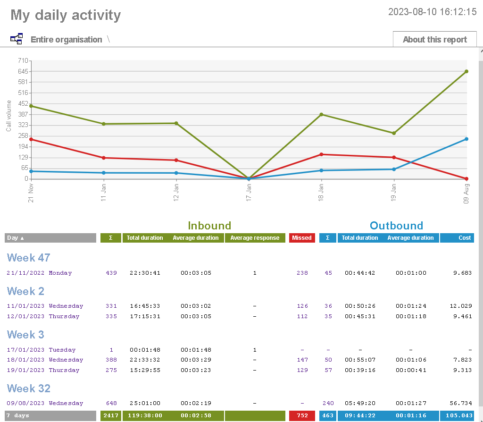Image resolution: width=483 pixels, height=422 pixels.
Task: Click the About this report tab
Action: point(434,40)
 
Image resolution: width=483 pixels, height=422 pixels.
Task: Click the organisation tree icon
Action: point(17,39)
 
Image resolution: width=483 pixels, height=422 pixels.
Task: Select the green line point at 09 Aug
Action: point(466,72)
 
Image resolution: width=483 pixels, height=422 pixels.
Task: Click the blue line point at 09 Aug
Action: point(466,139)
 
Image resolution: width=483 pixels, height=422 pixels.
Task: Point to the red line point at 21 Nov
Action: point(31,139)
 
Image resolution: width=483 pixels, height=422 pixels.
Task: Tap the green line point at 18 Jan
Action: point(321,114)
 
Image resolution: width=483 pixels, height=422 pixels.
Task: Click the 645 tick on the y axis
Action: point(22,71)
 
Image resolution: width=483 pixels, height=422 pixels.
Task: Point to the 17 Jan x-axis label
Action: point(249,193)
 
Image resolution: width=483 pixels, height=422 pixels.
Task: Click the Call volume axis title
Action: point(8,116)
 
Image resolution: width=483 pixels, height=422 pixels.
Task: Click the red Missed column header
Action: point(302,238)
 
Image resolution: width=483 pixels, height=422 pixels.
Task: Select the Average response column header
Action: point(255,238)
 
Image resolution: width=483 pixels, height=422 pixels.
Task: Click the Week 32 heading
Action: point(29,388)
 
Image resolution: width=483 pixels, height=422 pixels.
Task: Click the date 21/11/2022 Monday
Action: point(39,273)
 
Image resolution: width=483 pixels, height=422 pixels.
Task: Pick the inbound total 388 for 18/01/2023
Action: point(111,360)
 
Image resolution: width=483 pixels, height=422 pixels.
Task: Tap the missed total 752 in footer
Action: point(302,416)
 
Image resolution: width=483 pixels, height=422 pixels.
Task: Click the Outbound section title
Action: point(396,226)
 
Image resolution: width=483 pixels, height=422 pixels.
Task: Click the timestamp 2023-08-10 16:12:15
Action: point(432,12)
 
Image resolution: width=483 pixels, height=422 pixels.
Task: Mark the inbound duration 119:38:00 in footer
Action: point(145,416)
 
